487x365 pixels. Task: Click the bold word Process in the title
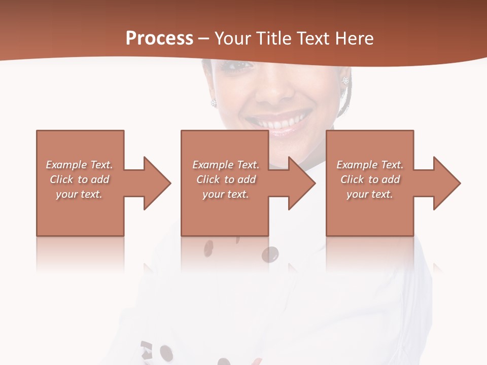pos(159,39)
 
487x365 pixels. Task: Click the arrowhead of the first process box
pos(157,183)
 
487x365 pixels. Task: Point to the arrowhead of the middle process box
pos(302,183)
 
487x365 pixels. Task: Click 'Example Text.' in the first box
pos(80,165)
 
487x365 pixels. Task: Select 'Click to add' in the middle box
pos(226,179)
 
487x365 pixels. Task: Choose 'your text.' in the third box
pos(370,194)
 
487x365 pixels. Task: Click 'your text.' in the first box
pos(80,194)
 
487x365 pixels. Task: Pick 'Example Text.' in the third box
pos(370,165)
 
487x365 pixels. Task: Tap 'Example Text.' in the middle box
pos(226,165)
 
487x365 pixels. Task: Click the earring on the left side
pos(214,102)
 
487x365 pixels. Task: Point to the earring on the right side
pos(345,81)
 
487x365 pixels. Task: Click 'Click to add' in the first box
pos(80,179)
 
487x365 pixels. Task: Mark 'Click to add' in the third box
pos(370,179)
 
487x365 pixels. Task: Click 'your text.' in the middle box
pos(226,194)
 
